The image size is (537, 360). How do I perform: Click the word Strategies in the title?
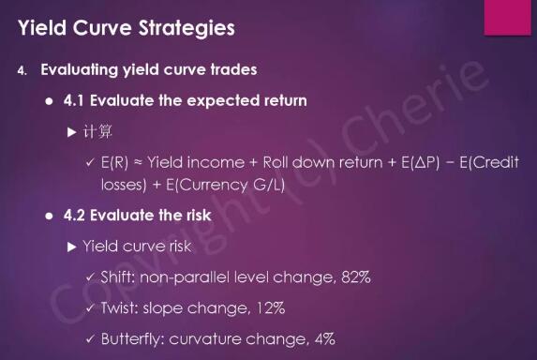click(x=186, y=28)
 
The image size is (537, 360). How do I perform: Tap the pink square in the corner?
click(x=507, y=17)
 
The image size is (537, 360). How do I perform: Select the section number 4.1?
click(x=73, y=100)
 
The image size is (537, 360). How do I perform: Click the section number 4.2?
click(x=74, y=216)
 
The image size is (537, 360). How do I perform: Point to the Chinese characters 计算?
click(x=97, y=132)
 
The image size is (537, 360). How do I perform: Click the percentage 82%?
click(x=356, y=277)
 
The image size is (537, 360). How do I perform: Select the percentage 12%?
click(x=270, y=307)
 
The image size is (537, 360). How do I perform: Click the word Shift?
click(x=118, y=277)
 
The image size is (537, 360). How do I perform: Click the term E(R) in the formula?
click(x=114, y=162)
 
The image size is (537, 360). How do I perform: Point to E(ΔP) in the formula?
click(x=420, y=162)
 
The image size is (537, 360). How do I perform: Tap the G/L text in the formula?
click(x=269, y=185)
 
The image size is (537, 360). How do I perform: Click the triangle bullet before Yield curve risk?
click(x=71, y=247)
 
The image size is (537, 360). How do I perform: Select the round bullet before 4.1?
click(x=50, y=101)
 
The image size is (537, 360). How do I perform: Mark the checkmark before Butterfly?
click(x=90, y=339)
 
